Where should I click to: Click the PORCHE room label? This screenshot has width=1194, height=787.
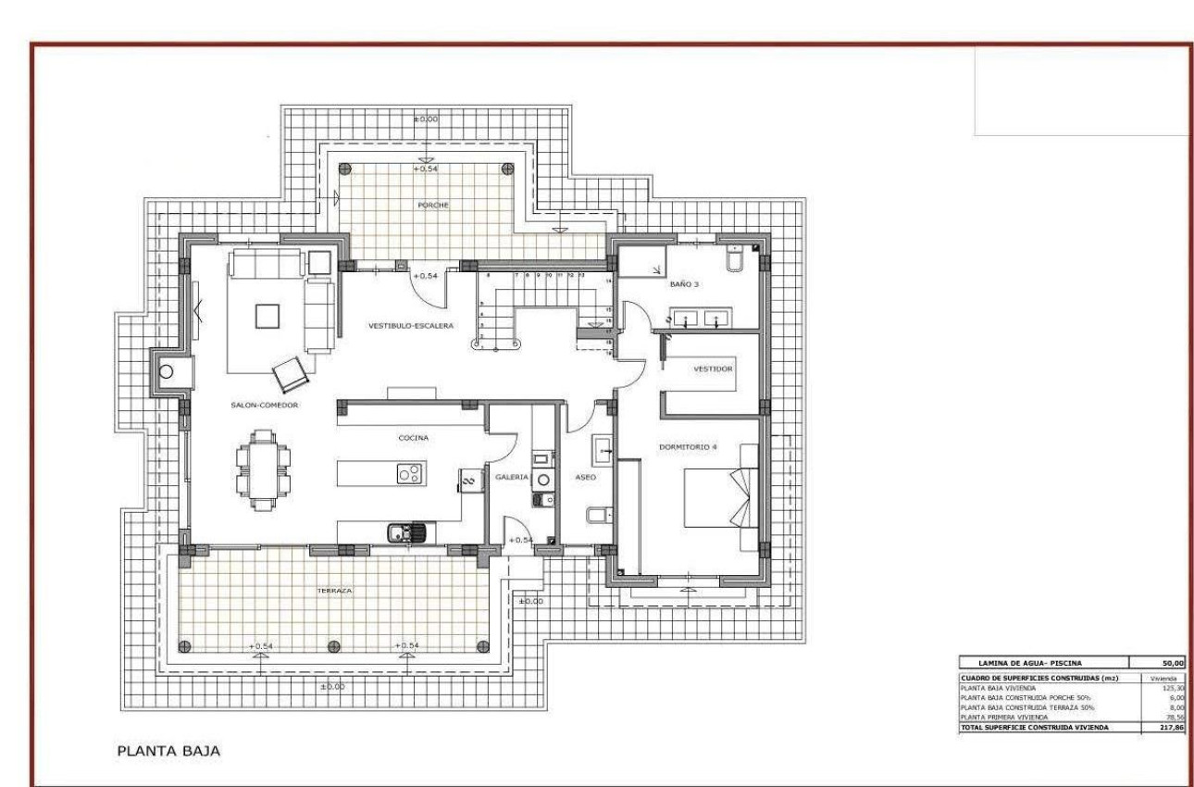point(433,206)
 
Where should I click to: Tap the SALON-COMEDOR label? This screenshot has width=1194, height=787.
point(265,405)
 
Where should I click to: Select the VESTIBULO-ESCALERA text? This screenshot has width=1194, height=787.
point(411,326)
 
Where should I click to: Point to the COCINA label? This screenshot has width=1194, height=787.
point(414,438)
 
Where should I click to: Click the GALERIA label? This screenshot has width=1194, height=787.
point(512,477)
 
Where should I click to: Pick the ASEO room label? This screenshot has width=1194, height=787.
point(585,477)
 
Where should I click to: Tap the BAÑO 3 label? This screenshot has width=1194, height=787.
point(684,285)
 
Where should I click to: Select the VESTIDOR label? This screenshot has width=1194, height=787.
point(713,369)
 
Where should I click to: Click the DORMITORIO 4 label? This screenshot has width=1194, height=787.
point(688,446)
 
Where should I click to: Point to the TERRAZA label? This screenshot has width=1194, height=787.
point(333,590)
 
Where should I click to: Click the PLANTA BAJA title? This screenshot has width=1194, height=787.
point(168,751)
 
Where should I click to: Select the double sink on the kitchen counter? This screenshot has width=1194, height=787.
point(410,531)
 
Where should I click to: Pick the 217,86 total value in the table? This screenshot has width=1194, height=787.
point(1170,728)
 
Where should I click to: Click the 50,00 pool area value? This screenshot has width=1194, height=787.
point(1170,662)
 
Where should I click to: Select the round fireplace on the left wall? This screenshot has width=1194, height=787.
point(167,372)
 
